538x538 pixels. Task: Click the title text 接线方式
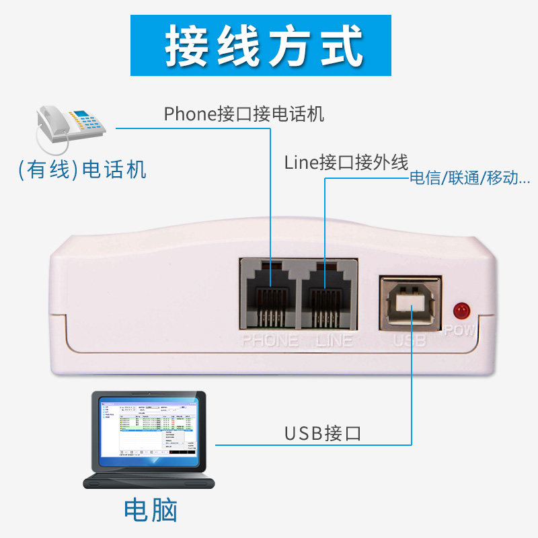click(265, 46)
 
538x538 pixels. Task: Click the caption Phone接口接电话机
click(243, 114)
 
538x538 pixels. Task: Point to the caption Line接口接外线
click(346, 162)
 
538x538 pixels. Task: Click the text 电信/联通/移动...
click(469, 179)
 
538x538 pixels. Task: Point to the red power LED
click(461, 310)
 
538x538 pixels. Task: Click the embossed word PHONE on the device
click(270, 340)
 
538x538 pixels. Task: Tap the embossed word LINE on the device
click(334, 340)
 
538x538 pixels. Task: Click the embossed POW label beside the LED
click(460, 331)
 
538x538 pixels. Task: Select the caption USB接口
click(322, 433)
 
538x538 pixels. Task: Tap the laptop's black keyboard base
click(149, 482)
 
